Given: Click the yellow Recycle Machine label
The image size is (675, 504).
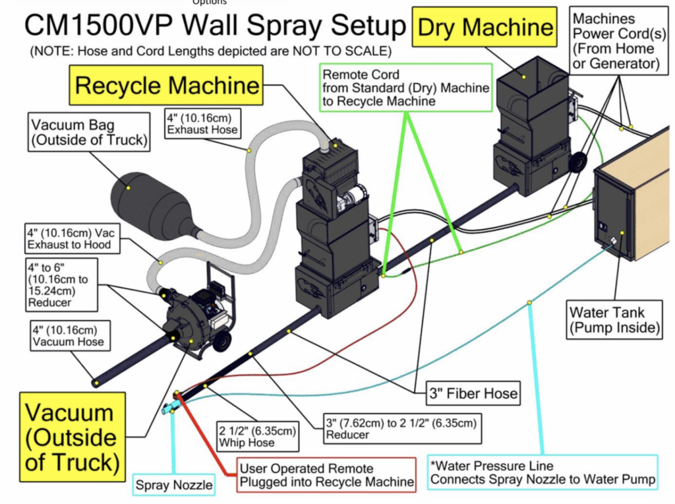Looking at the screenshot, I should [167, 85].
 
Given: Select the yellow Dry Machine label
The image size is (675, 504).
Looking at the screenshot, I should [485, 27].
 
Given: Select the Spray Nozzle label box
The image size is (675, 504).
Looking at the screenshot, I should [174, 486].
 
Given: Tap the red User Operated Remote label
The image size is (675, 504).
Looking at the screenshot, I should [327, 475].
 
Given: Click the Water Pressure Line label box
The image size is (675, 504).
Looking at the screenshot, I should [541, 472].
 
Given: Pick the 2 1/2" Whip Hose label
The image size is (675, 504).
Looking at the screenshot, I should [256, 436].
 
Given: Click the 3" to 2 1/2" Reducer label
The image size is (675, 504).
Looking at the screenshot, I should [401, 428].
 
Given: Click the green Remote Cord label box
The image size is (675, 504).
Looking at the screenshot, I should [405, 88].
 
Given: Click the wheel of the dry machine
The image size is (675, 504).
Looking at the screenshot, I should [577, 162].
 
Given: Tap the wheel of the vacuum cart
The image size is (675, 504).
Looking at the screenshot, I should [223, 340].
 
